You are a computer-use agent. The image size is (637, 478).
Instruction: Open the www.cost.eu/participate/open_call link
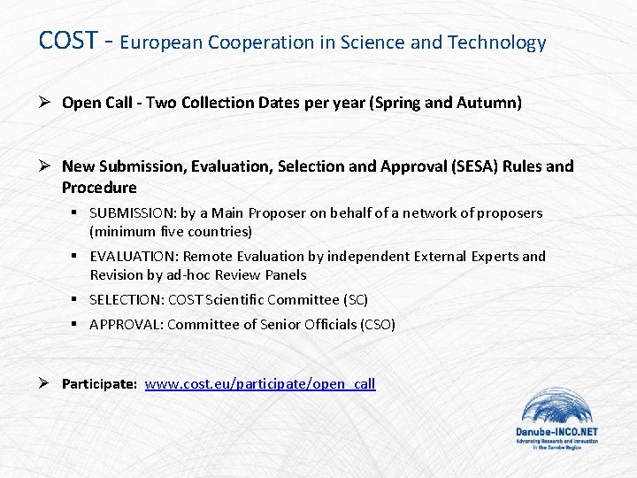260,383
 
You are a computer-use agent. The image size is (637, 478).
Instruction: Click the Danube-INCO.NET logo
556,420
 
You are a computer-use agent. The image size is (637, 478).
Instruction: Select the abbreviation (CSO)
378,325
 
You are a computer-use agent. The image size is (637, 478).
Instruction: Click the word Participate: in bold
99,384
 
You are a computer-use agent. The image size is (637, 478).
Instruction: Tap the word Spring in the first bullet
400,103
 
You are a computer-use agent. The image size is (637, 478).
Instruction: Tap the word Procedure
99,188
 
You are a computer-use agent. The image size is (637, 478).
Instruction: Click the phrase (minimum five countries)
171,232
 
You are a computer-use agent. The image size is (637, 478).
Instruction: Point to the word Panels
287,275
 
